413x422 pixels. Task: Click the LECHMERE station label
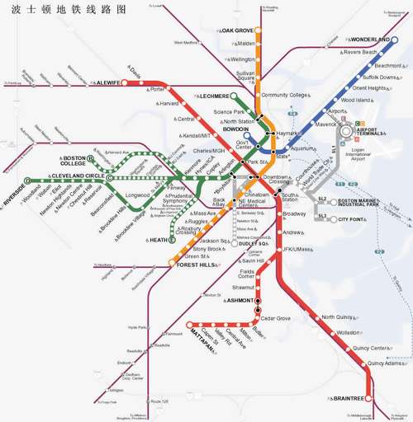(214, 96)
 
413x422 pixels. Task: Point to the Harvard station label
(169, 104)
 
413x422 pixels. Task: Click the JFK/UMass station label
(297, 249)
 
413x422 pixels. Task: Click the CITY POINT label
(351, 220)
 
